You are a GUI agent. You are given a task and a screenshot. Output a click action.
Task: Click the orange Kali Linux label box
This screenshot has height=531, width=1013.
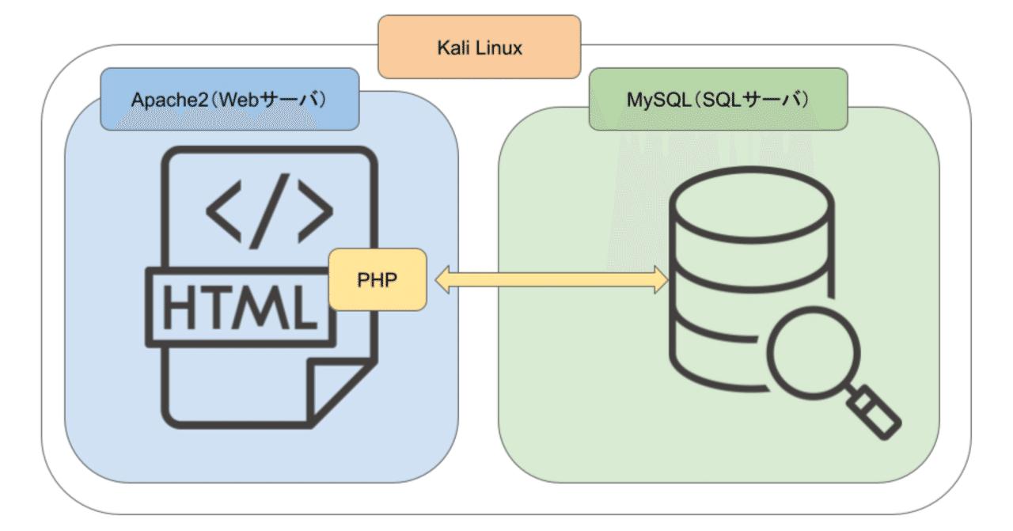[480, 47]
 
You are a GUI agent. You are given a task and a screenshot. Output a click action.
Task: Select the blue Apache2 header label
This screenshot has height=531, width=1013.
[230, 100]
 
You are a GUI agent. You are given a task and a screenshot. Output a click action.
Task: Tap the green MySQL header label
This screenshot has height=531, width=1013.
[718, 100]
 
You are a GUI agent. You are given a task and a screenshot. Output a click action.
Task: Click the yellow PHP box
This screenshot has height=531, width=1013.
[378, 281]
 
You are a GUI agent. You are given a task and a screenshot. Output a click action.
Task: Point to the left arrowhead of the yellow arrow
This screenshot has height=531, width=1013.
[440, 280]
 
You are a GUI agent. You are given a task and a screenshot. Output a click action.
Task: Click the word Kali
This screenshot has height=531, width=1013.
[454, 47]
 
